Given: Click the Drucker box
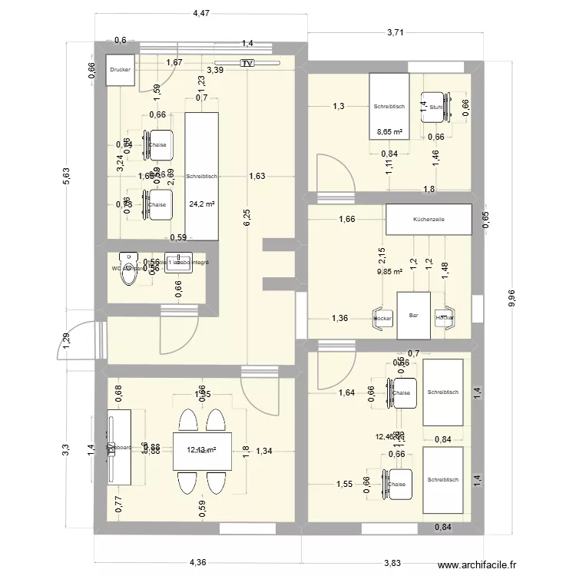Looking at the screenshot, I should click(x=121, y=70).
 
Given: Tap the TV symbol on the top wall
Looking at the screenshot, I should click(x=247, y=64).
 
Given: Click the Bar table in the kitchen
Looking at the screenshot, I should click(x=413, y=316).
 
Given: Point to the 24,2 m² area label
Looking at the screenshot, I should click(x=201, y=204).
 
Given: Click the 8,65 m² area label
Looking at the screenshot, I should click(x=389, y=132).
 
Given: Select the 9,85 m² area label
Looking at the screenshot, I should click(x=389, y=270).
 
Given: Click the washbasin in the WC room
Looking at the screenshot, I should click(x=182, y=263).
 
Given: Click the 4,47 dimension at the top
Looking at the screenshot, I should click(x=201, y=13).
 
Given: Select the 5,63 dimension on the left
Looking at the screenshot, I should click(x=66, y=176).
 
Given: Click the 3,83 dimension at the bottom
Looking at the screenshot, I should click(x=392, y=563).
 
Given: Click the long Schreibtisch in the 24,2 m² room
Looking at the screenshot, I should click(x=201, y=176).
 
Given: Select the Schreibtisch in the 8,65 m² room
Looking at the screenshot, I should click(x=389, y=108).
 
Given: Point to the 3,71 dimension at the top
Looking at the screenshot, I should click(x=396, y=32).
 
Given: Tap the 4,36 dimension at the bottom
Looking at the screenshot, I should click(x=198, y=563).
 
